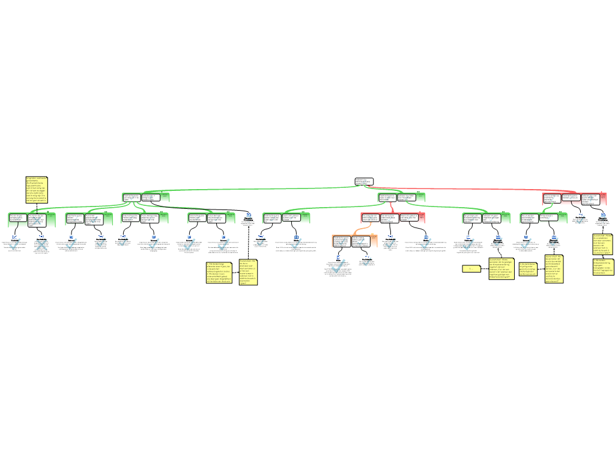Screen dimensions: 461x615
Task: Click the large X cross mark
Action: pos(41,244)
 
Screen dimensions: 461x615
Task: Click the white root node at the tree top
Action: pos(363,181)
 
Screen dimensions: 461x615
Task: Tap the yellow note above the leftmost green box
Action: pos(37,190)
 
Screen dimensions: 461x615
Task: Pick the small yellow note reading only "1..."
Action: pos(471,269)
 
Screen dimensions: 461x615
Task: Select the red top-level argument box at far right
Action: pos(574,199)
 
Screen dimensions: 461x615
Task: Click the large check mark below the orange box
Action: pos(338,266)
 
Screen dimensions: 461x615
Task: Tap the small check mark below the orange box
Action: pos(367,261)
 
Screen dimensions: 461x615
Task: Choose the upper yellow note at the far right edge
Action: pos(602,244)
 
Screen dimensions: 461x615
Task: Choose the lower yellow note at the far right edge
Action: pos(603,267)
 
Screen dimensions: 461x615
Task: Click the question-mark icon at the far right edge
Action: pos(602,217)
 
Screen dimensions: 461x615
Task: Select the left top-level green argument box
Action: pos(146,197)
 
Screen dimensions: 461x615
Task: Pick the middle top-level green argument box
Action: pos(401,197)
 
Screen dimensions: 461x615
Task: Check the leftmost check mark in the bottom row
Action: pos(15,244)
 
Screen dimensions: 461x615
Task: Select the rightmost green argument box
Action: pos(543,218)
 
